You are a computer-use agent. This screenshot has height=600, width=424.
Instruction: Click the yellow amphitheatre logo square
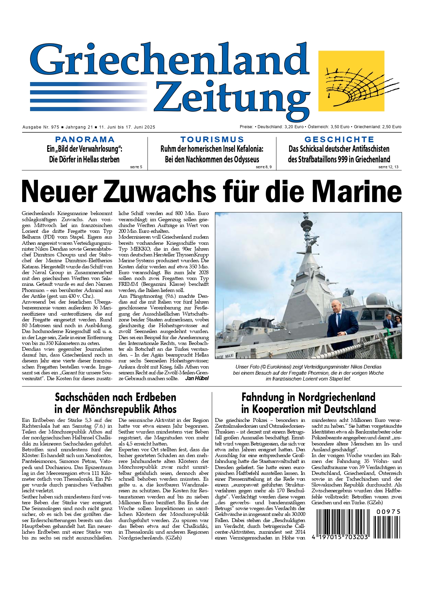(351, 81)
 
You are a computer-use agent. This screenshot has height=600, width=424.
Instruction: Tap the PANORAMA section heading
(85, 139)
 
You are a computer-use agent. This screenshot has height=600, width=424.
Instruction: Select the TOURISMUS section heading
(212, 139)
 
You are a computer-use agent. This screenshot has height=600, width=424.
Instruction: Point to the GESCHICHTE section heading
(339, 139)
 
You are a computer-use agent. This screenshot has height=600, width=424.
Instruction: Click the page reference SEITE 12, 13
(388, 167)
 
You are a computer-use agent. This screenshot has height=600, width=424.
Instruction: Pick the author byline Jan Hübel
(197, 378)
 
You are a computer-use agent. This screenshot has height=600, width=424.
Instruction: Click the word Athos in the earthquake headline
(159, 409)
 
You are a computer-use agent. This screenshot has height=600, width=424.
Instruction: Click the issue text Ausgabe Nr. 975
(41, 127)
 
